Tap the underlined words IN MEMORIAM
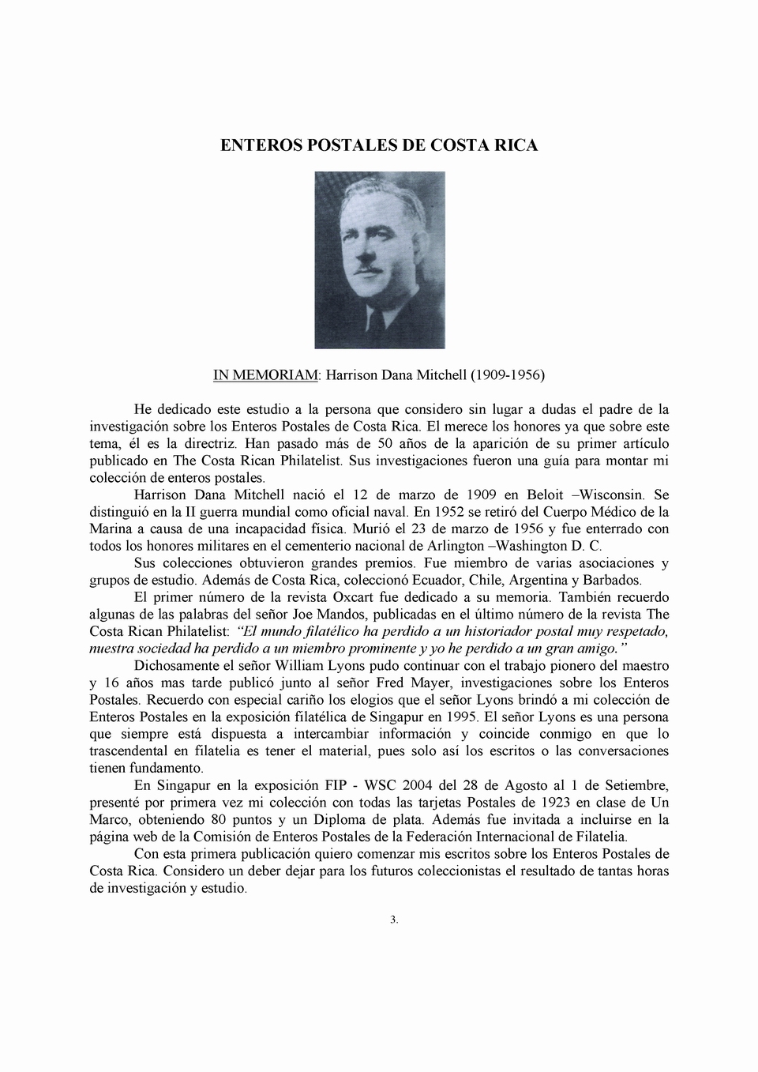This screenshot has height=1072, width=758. click(x=265, y=374)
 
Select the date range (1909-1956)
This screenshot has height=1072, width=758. click(x=507, y=374)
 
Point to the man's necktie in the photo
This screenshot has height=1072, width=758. click(x=377, y=324)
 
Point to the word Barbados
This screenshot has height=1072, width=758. click(x=611, y=580)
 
